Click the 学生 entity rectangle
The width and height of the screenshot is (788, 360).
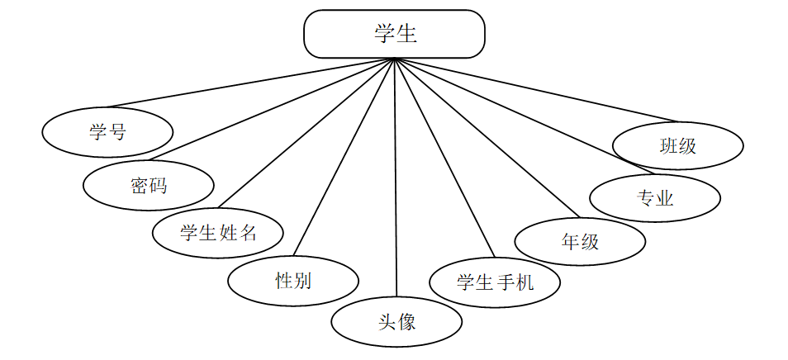[394, 34]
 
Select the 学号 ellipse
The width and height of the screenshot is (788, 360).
[107, 132]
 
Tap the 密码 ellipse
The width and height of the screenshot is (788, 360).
[149, 185]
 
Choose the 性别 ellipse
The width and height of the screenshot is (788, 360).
[293, 281]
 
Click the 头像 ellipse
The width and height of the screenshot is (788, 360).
[396, 321]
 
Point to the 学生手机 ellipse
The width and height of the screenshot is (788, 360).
[495, 282]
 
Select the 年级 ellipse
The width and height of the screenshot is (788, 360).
[580, 241]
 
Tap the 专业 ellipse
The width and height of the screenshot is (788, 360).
[656, 198]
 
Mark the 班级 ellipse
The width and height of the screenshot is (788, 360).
[678, 146]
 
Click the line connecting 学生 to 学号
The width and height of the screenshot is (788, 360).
[248, 83]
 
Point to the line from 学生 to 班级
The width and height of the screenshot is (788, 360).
[537, 90]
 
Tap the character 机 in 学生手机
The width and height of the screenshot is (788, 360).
[525, 282]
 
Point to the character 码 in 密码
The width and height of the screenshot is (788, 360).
[158, 185]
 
